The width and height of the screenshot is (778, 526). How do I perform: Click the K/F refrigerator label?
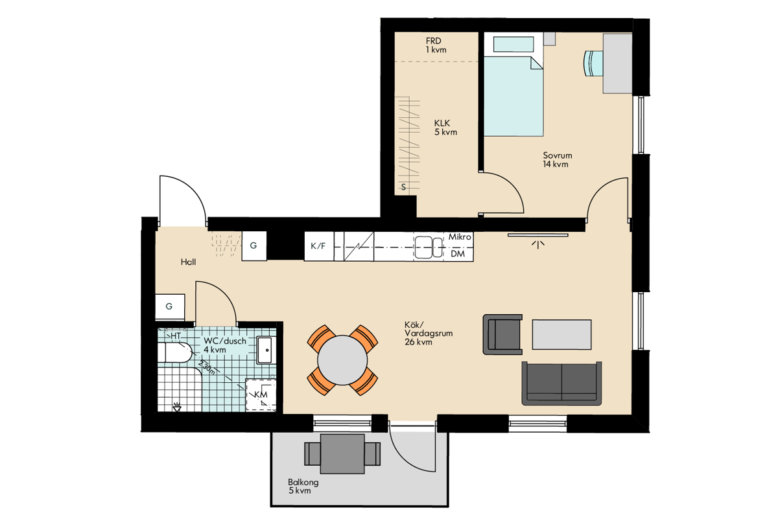pyautogui.click(x=318, y=246)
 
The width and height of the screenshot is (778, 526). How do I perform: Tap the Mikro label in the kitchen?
pyautogui.click(x=460, y=237)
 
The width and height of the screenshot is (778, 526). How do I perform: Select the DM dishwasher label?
pyautogui.click(x=458, y=254)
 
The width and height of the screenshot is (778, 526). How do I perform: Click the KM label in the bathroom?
pyautogui.click(x=261, y=394)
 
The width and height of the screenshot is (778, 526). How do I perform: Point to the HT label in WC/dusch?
pyautogui.click(x=176, y=336)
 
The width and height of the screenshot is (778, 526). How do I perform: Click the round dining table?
pyautogui.click(x=342, y=360)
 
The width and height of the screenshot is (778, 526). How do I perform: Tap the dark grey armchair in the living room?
pyautogui.click(x=502, y=334)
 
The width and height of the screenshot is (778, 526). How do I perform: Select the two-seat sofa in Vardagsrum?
pyautogui.click(x=561, y=383)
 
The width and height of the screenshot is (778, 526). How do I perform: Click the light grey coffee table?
pyautogui.click(x=561, y=334)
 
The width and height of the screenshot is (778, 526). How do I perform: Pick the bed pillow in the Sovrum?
pyautogui.click(x=513, y=45)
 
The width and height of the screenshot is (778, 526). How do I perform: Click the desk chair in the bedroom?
pyautogui.click(x=593, y=63)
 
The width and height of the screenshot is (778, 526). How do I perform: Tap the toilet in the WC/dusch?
pyautogui.click(x=174, y=352)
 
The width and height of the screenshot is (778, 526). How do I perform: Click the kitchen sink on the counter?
pyautogui.click(x=429, y=247)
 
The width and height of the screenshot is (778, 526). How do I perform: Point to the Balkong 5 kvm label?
pyautogui.click(x=303, y=486)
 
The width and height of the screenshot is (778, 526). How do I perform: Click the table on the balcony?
pyautogui.click(x=342, y=454)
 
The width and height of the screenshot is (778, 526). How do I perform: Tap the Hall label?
pyautogui.click(x=188, y=262)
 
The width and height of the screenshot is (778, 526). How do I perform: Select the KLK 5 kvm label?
pyautogui.click(x=445, y=128)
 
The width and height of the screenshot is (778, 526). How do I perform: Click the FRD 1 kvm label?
pyautogui.click(x=436, y=45)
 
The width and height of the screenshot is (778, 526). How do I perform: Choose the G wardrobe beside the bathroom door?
pyautogui.click(x=170, y=306)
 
